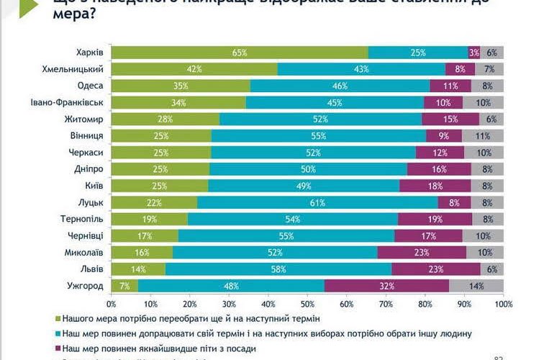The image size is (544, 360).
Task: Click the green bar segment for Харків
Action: click(x=240, y=53)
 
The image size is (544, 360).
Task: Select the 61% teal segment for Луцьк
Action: click(x=317, y=202)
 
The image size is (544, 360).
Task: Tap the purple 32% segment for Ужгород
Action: click(x=387, y=285)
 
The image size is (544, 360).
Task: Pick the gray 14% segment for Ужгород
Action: click(x=476, y=285)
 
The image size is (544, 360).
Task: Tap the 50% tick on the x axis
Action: click(x=307, y=302)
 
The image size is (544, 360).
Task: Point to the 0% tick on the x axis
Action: click(x=112, y=302)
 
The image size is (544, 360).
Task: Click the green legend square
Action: click(x=58, y=317)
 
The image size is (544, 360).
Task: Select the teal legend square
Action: click(x=58, y=333)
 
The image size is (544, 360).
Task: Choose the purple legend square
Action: click(x=58, y=348)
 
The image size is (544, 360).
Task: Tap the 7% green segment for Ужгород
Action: click(x=124, y=285)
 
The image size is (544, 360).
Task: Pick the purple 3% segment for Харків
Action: click(x=474, y=53)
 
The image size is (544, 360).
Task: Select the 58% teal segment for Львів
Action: click(x=278, y=269)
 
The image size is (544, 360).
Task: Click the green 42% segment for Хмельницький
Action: click(x=194, y=69)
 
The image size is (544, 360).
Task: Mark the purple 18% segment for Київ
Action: click(x=435, y=186)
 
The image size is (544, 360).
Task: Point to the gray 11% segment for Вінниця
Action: click(x=482, y=135)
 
